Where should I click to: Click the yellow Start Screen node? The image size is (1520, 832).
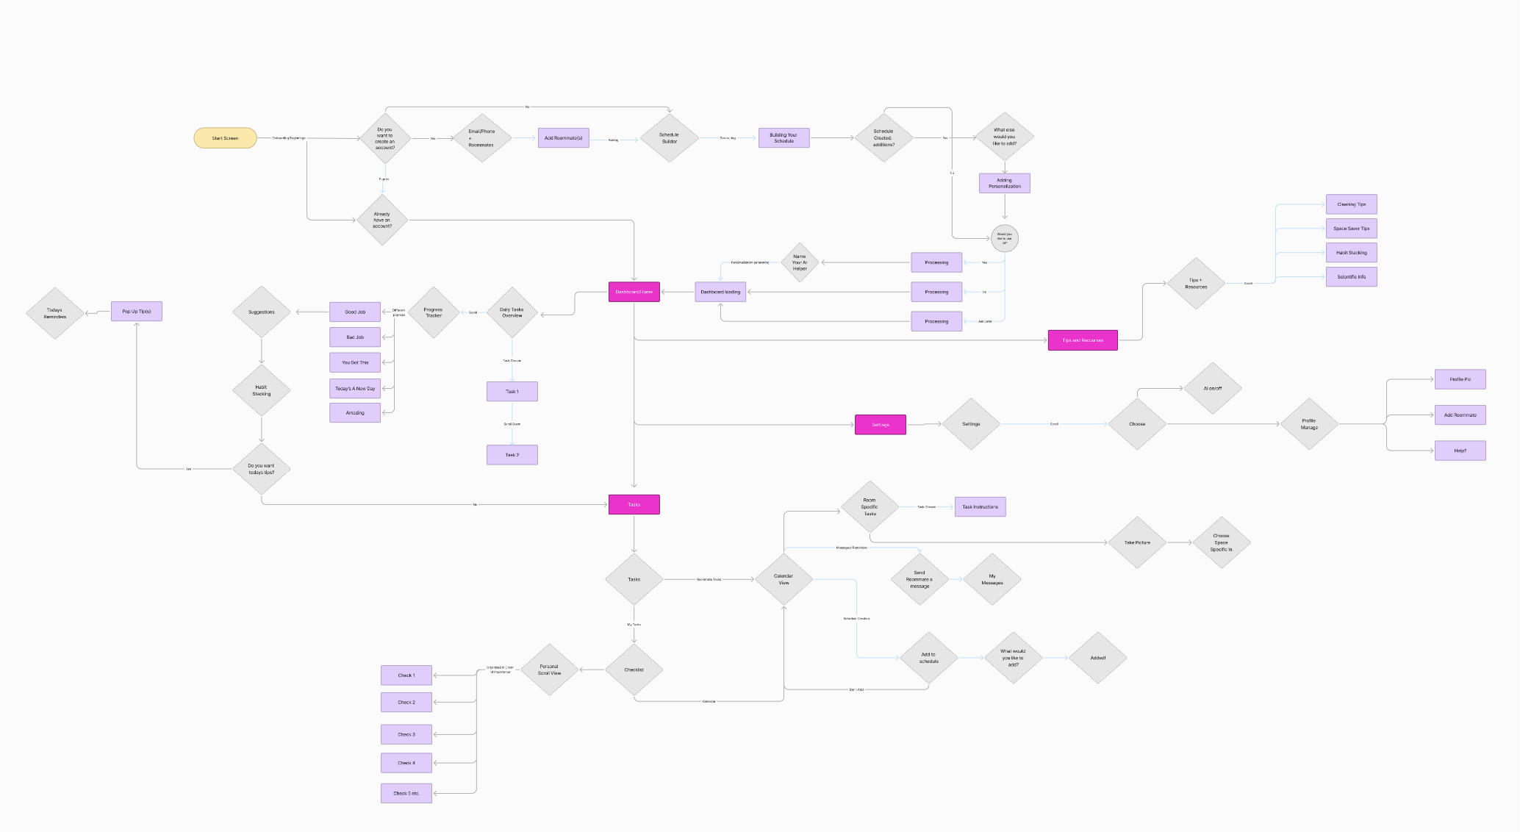[x=225, y=138]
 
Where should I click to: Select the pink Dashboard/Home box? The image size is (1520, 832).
[x=634, y=292]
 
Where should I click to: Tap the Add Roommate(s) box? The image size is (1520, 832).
[x=563, y=138]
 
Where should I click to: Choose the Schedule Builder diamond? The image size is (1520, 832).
[x=669, y=138]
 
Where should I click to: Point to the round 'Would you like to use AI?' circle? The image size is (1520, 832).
[x=1005, y=238]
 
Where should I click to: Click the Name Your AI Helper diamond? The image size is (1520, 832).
[x=800, y=262]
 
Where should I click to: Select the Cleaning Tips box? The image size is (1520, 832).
[x=1351, y=204]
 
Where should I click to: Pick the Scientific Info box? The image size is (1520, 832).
[x=1351, y=277]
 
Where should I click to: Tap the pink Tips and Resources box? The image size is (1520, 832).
[x=1082, y=340]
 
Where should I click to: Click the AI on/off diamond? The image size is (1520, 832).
[x=1213, y=388]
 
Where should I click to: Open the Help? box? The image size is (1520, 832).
[x=1460, y=451]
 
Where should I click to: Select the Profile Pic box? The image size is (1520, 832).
[x=1460, y=379]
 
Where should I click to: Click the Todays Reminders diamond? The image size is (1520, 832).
[x=55, y=313]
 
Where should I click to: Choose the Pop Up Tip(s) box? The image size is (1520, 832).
[x=137, y=312]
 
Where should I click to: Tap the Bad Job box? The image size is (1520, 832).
[x=355, y=337]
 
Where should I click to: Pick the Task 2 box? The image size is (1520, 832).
[x=512, y=455]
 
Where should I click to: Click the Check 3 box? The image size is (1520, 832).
[x=406, y=734]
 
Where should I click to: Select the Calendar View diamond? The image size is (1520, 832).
[x=784, y=579]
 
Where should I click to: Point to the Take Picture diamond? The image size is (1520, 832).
[x=1137, y=542]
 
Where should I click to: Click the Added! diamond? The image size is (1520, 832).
[x=1097, y=658]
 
